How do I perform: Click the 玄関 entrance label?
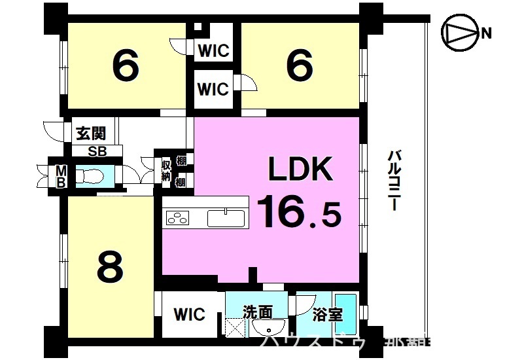pos(90,135)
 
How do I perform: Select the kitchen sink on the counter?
pos(226,217)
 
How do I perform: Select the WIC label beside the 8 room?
pos(189,314)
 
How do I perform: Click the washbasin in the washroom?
pos(268,329)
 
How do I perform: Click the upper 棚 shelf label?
pos(181,160)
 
